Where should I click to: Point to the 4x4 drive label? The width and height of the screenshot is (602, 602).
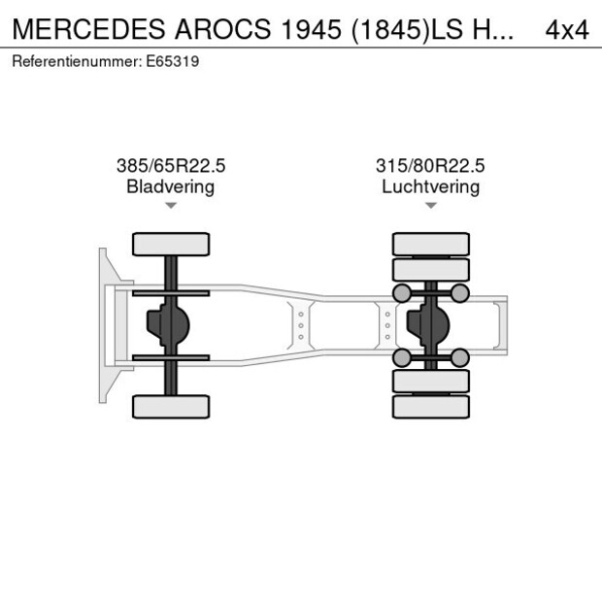tap(566, 29)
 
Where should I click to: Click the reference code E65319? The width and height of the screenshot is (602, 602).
tap(175, 61)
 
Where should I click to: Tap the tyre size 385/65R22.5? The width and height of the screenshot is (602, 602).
tap(171, 166)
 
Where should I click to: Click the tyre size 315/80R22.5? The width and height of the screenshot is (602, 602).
tap(430, 166)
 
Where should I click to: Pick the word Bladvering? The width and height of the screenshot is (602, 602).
tap(171, 186)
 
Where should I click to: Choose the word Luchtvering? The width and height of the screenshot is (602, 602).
tap(430, 186)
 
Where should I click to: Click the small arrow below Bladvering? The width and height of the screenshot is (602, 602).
tap(171, 206)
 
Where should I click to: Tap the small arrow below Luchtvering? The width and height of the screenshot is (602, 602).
tap(430, 206)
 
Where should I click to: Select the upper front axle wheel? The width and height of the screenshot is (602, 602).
tap(171, 244)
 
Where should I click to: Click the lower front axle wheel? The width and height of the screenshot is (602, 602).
tap(171, 406)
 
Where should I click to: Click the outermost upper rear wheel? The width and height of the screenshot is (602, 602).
tap(430, 243)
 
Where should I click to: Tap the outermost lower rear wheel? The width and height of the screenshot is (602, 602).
tap(430, 407)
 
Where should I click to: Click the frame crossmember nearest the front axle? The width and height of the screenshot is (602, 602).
tap(301, 325)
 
